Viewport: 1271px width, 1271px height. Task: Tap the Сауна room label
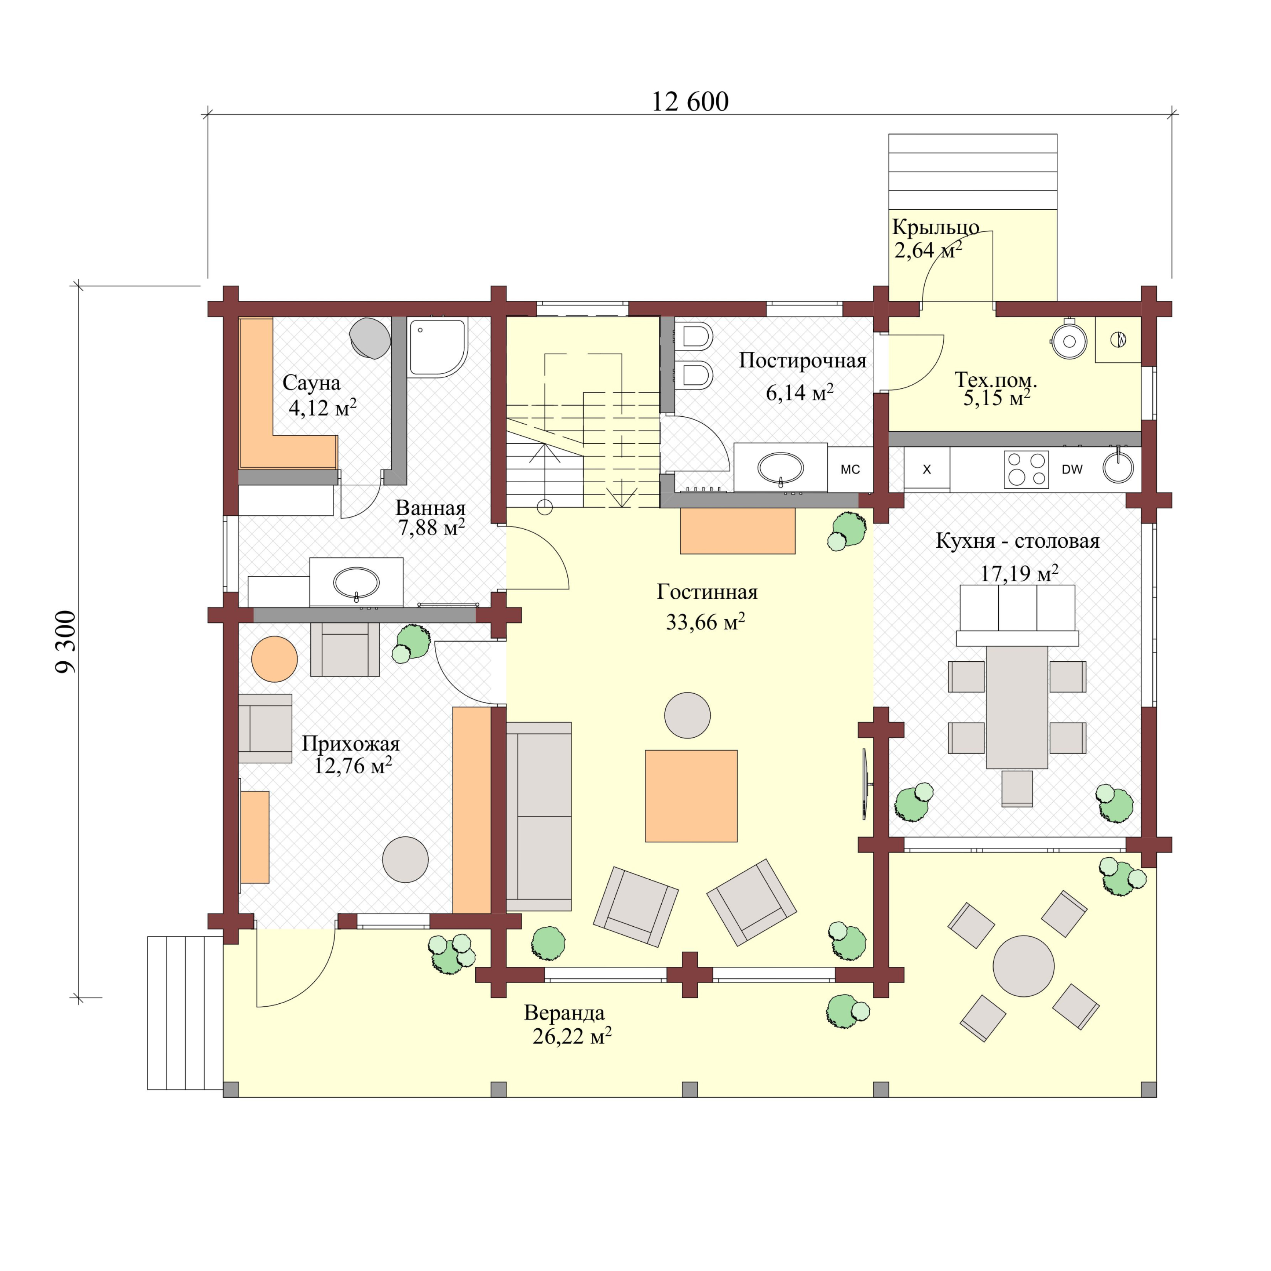tap(311, 383)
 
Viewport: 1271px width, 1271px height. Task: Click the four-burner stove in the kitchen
tap(1026, 469)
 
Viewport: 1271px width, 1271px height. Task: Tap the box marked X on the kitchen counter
tap(926, 469)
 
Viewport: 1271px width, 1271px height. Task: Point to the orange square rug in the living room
tap(691, 796)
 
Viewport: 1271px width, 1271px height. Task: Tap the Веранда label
tap(564, 1013)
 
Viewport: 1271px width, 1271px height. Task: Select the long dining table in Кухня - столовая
tap(1016, 706)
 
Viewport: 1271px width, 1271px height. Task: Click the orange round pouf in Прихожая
tap(274, 659)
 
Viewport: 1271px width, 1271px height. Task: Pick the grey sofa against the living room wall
tap(538, 816)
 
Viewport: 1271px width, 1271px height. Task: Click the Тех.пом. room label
tap(995, 380)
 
